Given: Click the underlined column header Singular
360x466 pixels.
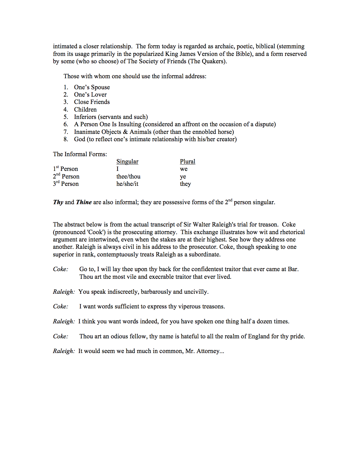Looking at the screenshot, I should (127, 162).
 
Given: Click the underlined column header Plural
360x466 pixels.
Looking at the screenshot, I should (187, 162).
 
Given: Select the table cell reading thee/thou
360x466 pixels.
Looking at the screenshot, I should (128, 177).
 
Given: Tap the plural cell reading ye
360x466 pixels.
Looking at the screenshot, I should (183, 177).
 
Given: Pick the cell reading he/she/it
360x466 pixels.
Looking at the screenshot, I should (127, 184).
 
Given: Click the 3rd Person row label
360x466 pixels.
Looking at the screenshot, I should (66, 184).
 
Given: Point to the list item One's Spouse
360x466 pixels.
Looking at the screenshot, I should (92, 87).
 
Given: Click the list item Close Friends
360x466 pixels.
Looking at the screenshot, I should (92, 102).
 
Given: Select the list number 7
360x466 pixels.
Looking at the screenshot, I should (66, 132).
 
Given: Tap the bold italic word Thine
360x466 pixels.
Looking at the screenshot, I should (84, 202).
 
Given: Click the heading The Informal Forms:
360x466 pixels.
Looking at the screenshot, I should (80, 154).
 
